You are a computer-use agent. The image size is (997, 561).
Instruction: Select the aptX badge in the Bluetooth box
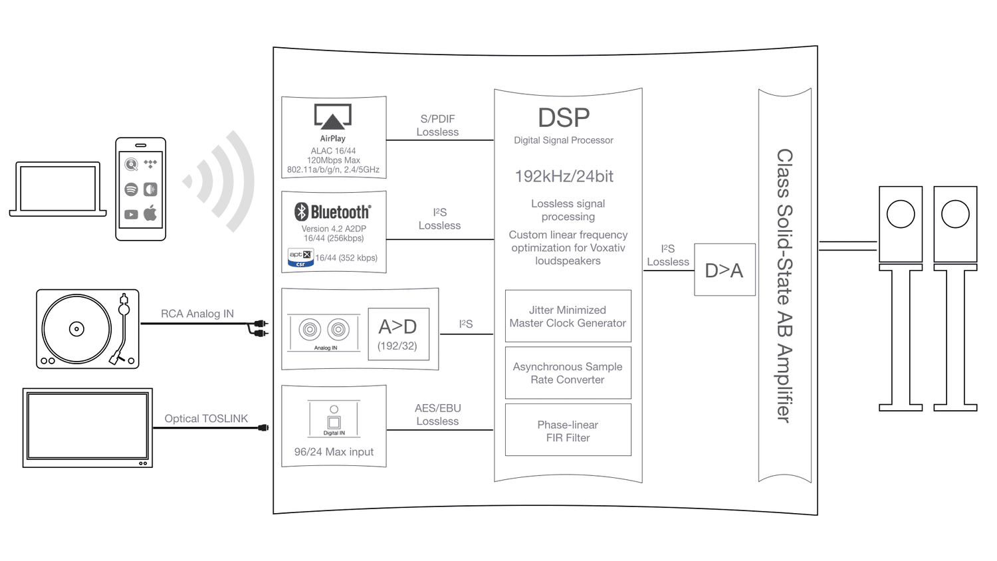pyautogui.click(x=301, y=258)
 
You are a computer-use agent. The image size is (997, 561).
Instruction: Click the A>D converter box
pyautogui.click(x=399, y=334)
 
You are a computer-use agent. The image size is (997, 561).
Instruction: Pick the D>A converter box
pyautogui.click(x=724, y=270)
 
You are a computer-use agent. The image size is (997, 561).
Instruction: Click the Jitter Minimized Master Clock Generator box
pyautogui.click(x=568, y=316)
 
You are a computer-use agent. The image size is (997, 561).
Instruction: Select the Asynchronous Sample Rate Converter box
pyautogui.click(x=568, y=373)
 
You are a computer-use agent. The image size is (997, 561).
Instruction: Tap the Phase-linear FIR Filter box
pyautogui.click(x=568, y=430)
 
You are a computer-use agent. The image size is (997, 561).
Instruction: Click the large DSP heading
pyautogui.click(x=564, y=118)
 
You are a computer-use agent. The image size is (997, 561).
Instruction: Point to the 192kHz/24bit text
pyautogui.click(x=564, y=176)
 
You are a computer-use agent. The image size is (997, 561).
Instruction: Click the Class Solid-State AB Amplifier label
pyautogui.click(x=785, y=286)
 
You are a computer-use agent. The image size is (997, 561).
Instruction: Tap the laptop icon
pyautogui.click(x=58, y=189)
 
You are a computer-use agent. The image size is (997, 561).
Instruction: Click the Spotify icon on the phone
pyautogui.click(x=132, y=189)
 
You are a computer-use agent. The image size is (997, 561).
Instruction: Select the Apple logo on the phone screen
pyautogui.click(x=150, y=213)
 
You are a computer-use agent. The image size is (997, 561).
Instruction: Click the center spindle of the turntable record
pyautogui.click(x=76, y=329)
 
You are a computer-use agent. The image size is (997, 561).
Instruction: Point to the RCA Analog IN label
pyautogui.click(x=197, y=314)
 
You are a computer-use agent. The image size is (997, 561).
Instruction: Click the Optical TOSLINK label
pyautogui.click(x=206, y=419)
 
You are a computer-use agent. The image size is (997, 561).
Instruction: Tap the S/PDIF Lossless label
pyautogui.click(x=437, y=126)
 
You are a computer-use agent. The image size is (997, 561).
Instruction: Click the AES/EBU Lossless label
pyautogui.click(x=437, y=415)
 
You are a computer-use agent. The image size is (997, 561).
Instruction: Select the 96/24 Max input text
pyautogui.click(x=334, y=452)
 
